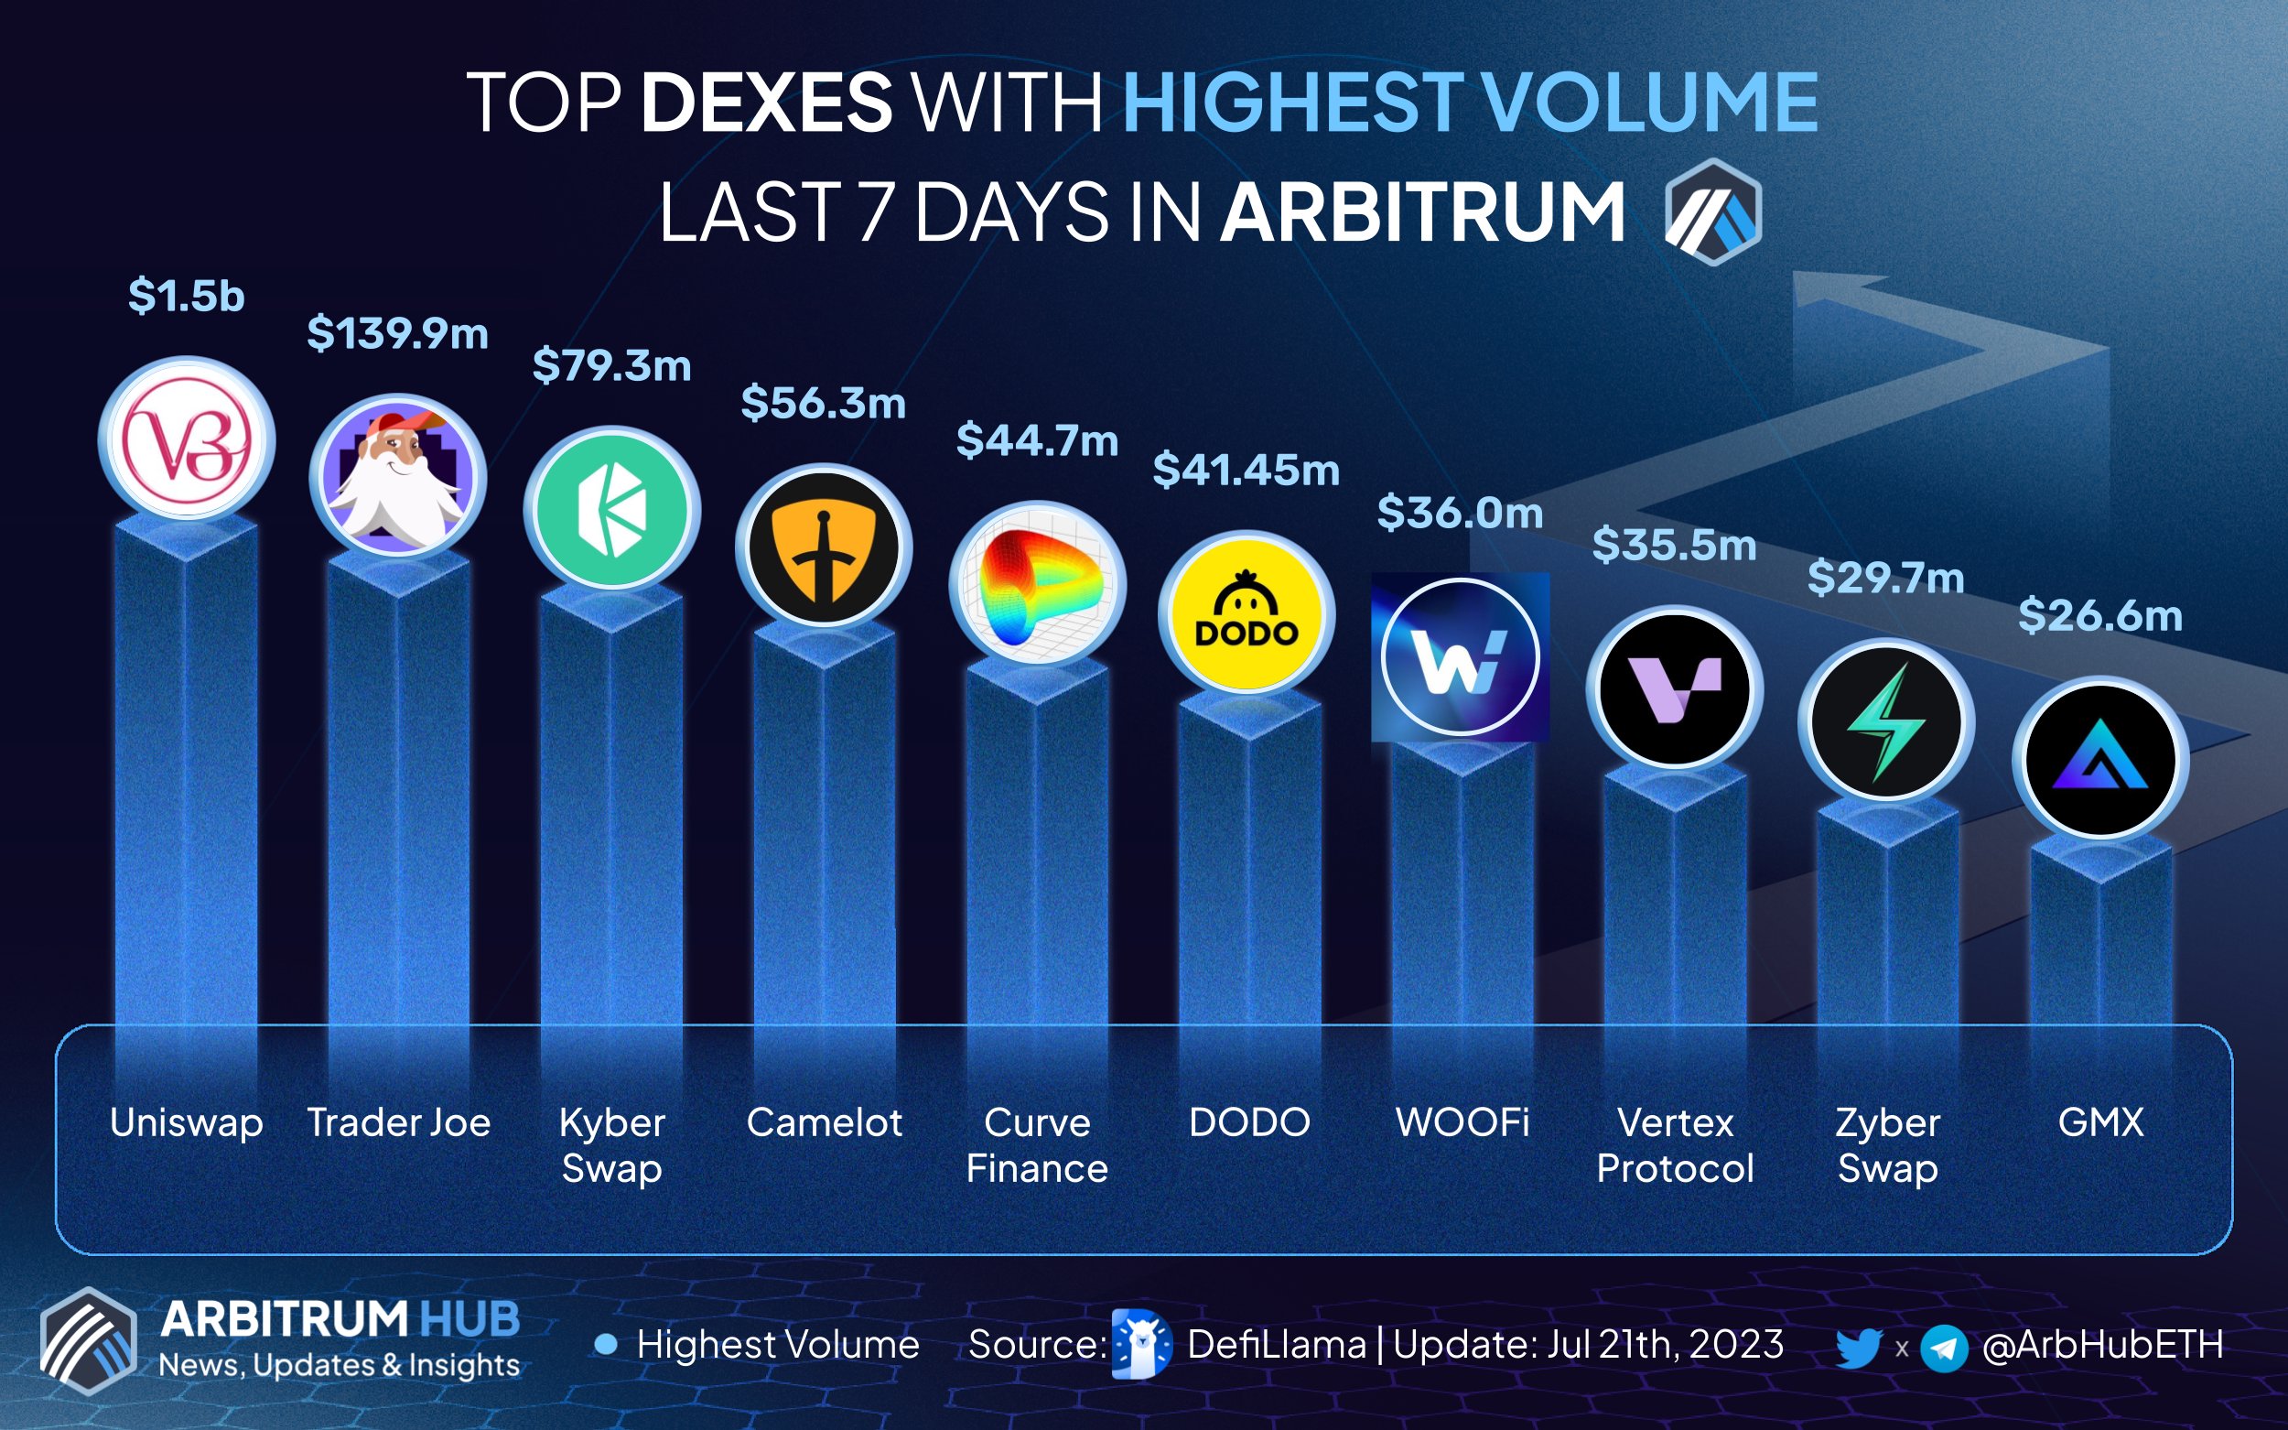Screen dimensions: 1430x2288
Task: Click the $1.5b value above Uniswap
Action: coord(187,296)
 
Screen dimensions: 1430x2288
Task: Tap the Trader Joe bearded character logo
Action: coord(398,477)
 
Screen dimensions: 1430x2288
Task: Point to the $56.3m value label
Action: coord(823,403)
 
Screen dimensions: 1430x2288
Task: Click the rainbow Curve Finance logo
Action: coord(1037,584)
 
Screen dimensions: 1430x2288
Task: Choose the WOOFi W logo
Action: coord(1460,656)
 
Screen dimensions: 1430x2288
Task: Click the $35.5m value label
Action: coord(1674,545)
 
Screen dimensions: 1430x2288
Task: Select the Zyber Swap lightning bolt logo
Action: coord(1886,722)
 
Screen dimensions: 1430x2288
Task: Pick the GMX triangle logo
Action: coord(2099,760)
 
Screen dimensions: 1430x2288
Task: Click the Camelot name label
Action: coord(824,1122)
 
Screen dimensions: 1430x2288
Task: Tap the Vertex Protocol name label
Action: coord(1675,1145)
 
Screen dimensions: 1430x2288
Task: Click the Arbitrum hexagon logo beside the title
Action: coord(1712,211)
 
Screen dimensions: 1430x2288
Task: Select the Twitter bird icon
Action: coord(1858,1346)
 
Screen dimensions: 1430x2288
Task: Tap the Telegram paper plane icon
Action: coord(1944,1347)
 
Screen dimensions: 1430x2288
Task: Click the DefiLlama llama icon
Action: coord(1140,1344)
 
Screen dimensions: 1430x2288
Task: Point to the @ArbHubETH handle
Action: coord(2101,1345)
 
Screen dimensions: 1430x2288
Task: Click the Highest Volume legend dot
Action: coord(606,1344)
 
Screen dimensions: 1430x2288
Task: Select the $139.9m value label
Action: coord(397,334)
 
